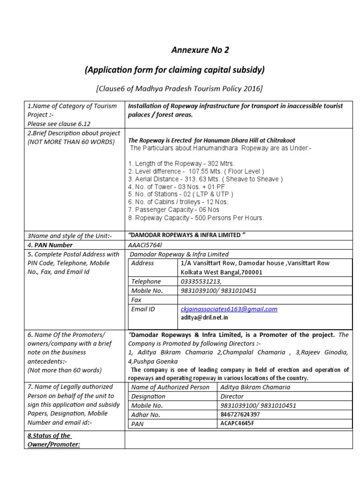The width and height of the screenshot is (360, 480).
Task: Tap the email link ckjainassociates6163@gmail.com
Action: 229,309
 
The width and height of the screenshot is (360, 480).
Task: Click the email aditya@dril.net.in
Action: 204,317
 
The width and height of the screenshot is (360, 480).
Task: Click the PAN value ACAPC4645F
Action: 238,423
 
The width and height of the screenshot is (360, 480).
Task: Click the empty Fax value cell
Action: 265,300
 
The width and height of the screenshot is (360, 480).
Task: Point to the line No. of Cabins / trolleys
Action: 178,202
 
